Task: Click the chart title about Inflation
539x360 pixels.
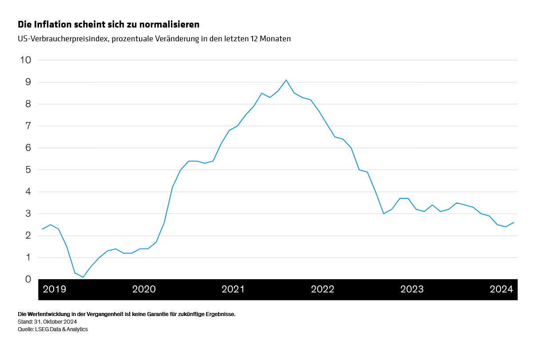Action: tap(108, 24)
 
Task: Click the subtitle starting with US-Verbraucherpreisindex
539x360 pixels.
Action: tap(154, 39)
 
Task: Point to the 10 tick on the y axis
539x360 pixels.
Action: tap(26, 60)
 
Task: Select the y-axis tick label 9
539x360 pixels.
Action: tap(28, 82)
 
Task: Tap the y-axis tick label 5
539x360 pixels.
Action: tap(28, 170)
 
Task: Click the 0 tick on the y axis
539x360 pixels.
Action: tap(28, 279)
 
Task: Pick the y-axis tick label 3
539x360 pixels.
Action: tap(28, 214)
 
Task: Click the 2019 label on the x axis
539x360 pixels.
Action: tap(55, 289)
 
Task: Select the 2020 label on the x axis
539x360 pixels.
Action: tap(144, 289)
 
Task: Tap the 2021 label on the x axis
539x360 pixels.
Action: tap(233, 289)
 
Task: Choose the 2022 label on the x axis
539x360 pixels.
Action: tap(323, 289)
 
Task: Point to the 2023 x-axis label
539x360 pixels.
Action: tap(412, 289)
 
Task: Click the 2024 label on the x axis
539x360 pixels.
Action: tap(501, 289)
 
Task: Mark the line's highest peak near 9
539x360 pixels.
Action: tap(286, 80)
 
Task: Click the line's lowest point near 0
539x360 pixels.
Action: tap(83, 277)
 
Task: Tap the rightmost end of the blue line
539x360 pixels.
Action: tap(514, 222)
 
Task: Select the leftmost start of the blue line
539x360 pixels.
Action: tap(42, 229)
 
